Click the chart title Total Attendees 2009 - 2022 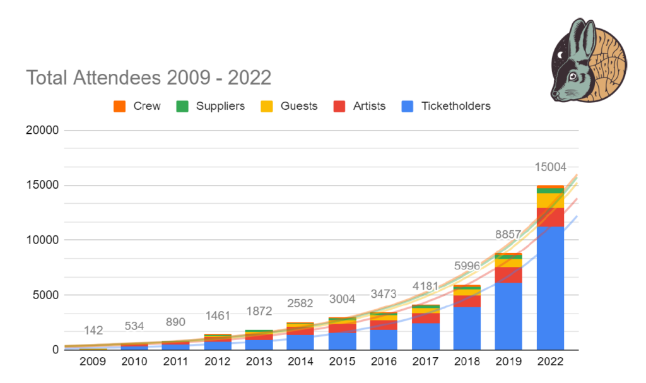click(x=148, y=78)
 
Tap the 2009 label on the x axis click(x=93, y=362)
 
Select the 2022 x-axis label click(x=550, y=362)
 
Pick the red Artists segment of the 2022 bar click(x=550, y=217)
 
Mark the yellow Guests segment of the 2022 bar click(x=550, y=200)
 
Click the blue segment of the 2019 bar click(x=508, y=315)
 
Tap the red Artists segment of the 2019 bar click(x=508, y=274)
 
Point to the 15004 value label click(x=550, y=167)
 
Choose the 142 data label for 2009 click(x=93, y=331)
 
